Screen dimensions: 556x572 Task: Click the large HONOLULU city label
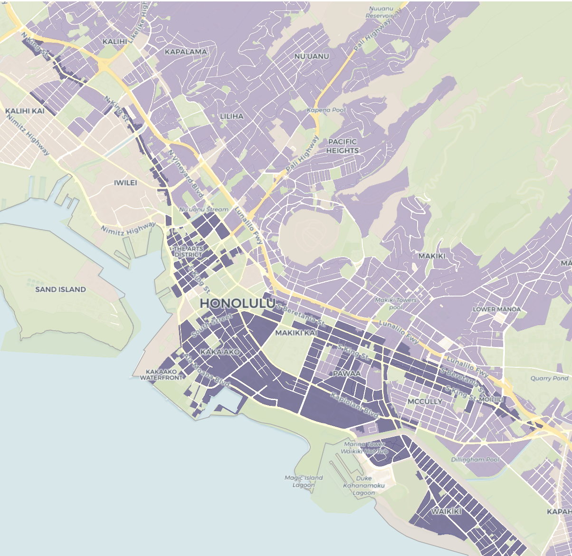click(237, 303)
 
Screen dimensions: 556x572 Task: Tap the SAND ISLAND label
click(60, 289)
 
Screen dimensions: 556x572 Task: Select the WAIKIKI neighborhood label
click(446, 511)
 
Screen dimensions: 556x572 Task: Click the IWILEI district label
click(125, 182)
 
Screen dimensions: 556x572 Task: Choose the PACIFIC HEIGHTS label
click(342, 146)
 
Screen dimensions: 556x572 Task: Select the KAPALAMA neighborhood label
click(186, 51)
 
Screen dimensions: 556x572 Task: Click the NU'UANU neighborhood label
click(312, 57)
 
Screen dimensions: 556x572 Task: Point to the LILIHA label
click(231, 116)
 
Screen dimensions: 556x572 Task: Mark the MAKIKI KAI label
click(296, 333)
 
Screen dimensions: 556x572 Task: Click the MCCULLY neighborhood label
click(425, 402)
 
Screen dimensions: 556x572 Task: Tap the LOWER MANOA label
click(496, 309)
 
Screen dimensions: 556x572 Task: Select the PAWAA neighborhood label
click(346, 374)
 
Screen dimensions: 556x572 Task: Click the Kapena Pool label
click(326, 110)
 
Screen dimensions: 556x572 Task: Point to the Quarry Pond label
click(549, 378)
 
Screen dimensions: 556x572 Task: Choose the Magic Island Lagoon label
click(304, 481)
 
